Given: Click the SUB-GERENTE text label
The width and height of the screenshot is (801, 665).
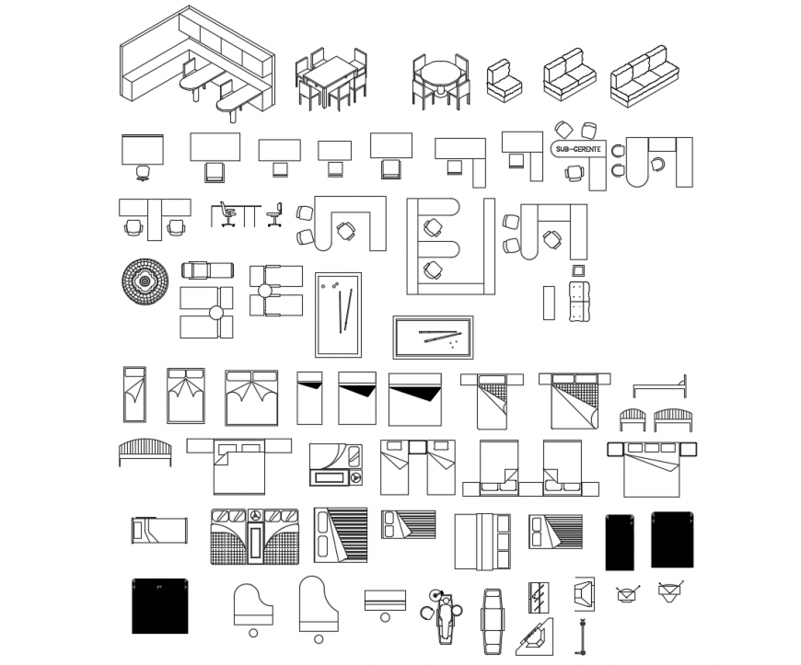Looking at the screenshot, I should [577, 148].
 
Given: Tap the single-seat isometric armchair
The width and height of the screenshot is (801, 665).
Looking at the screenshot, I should [505, 80].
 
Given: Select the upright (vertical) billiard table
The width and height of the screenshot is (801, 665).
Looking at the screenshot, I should [338, 315].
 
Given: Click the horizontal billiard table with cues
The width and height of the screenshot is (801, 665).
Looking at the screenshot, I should [433, 337].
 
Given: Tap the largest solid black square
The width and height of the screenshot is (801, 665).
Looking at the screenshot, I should [159, 606].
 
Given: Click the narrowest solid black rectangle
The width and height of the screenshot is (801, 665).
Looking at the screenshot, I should [619, 542].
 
